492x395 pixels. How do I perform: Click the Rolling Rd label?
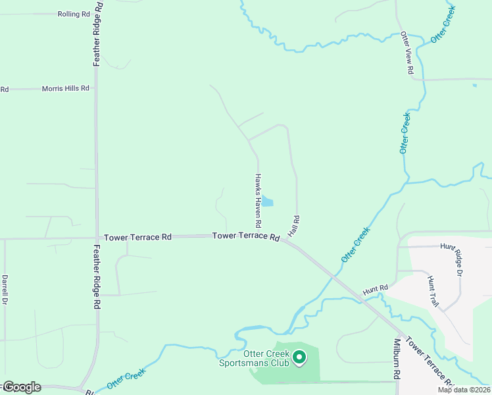click(x=73, y=14)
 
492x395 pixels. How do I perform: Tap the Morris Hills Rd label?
click(x=65, y=88)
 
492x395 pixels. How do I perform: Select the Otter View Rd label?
click(x=408, y=53)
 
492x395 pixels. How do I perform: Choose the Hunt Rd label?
click(x=376, y=289)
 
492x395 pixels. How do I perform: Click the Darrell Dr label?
click(x=5, y=290)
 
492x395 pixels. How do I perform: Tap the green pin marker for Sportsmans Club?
click(x=299, y=357)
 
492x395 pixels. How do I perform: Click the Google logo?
click(x=21, y=387)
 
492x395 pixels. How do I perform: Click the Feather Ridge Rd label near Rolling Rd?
click(x=97, y=33)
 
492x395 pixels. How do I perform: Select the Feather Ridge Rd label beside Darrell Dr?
click(x=97, y=277)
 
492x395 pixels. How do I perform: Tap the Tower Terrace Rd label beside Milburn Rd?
click(x=430, y=362)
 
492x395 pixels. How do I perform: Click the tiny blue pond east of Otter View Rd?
click(x=474, y=85)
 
